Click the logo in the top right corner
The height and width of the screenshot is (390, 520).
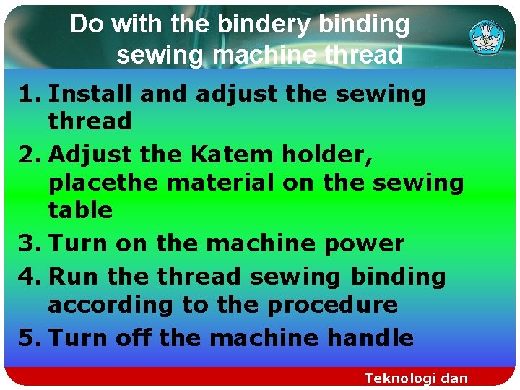point(487,37)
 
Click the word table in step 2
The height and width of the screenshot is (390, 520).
point(81,211)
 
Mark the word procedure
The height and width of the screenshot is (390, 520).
point(333,305)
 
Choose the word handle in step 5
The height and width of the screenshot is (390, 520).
point(371,337)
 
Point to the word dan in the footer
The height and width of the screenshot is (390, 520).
point(454,378)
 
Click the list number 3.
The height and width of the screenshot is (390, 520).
point(26,243)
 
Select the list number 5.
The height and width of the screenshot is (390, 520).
point(26,337)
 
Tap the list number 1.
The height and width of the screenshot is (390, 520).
point(26,94)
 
